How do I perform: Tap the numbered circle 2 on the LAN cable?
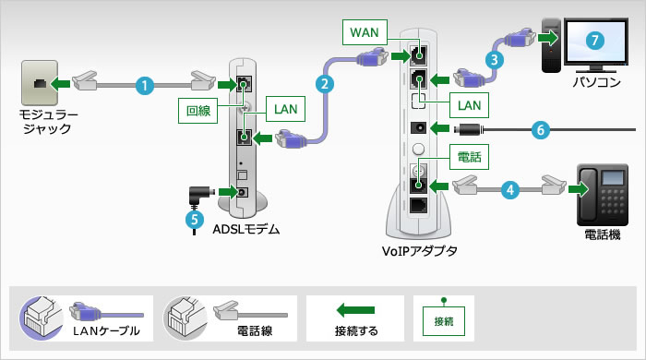324,84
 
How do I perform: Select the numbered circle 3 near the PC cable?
496,58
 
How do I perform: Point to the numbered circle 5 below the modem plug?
192,220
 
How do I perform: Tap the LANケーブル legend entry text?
106,330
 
